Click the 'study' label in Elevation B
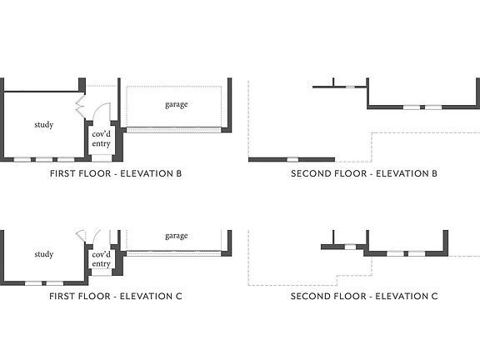44,125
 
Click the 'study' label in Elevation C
44,254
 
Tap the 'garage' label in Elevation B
177,105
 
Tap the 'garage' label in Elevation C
177,236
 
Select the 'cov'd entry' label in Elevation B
102,139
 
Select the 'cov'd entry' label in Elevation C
102,259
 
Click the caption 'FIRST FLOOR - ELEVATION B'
116,173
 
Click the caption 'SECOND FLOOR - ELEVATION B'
364,173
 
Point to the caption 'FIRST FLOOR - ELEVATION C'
116,297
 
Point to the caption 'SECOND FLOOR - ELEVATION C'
364,297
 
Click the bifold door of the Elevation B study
80,107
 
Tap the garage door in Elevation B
173,130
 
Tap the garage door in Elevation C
173,253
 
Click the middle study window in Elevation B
44,159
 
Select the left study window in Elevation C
33,283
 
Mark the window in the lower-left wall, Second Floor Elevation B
292,159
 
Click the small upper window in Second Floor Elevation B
350,87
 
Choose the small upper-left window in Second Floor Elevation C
350,247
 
